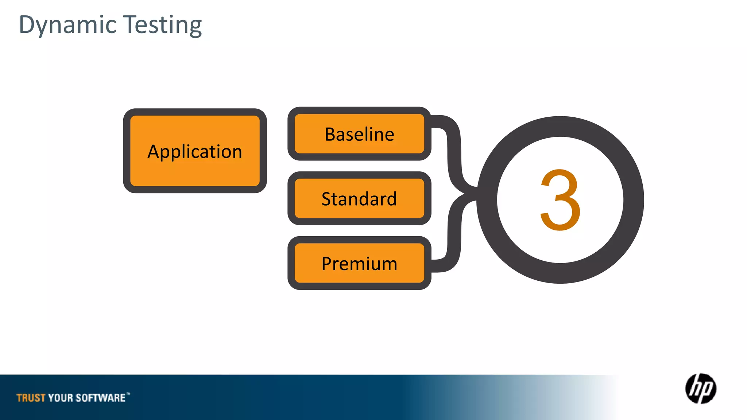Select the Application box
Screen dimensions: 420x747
195,151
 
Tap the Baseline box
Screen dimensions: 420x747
359,134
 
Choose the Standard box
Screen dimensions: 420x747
359,199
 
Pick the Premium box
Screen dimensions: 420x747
359,263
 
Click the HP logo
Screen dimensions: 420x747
700,389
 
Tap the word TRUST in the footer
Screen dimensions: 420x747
31,398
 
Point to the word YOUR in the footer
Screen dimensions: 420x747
61,398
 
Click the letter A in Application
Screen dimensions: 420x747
153,151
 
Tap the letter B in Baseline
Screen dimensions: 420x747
330,134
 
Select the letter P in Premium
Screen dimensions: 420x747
327,264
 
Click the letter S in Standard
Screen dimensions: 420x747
327,199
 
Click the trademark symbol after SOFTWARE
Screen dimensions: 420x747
128,393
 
